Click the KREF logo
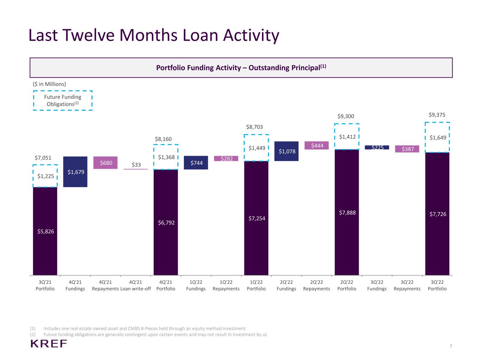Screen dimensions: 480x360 (x=49, y=343)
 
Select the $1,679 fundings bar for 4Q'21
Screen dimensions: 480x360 (x=75, y=172)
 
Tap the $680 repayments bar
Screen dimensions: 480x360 (x=105, y=163)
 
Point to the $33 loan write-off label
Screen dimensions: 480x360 (x=136, y=165)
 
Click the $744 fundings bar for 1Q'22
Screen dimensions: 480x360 (x=196, y=163)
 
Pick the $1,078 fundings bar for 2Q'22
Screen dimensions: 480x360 (x=287, y=151)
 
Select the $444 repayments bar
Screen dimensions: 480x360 (x=316, y=145)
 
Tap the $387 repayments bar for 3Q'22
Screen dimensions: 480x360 (x=407, y=149)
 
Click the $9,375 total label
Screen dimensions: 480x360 (x=437, y=115)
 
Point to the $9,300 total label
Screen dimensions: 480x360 (x=346, y=116)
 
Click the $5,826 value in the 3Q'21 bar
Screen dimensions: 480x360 (x=45, y=231)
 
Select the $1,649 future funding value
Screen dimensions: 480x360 (x=438, y=137)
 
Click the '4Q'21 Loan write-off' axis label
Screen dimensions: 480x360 (x=136, y=285)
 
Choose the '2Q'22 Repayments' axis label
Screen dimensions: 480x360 (x=316, y=285)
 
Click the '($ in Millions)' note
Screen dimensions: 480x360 (x=49, y=84)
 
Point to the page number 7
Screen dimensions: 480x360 (x=451, y=346)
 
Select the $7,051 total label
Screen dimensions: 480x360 (x=43, y=157)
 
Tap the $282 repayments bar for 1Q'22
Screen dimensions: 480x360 (x=226, y=159)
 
